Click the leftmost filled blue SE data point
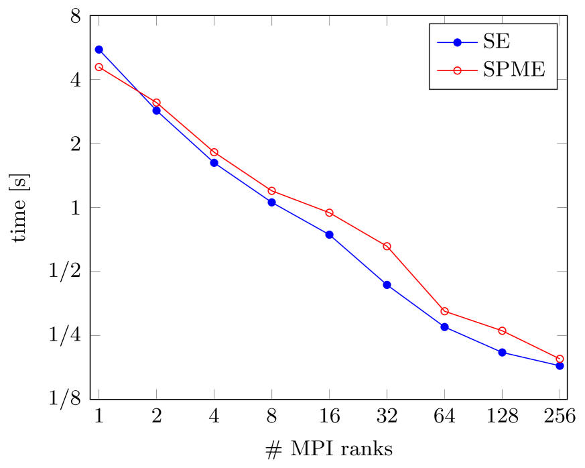[99, 50]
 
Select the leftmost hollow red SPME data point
[99, 67]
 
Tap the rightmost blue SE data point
[560, 366]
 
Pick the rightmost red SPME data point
[560, 359]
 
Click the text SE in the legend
[497, 42]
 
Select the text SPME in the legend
[514, 70]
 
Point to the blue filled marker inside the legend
[458, 43]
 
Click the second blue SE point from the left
[157, 111]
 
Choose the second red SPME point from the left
[157, 103]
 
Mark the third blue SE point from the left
[214, 163]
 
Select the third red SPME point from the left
[214, 152]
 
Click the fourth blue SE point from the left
[272, 202]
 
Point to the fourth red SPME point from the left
[272, 191]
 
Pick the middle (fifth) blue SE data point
[330, 235]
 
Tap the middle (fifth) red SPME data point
[330, 213]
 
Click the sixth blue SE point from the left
[387, 285]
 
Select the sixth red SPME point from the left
[387, 246]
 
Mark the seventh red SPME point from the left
[445, 311]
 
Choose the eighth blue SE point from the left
[503, 353]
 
